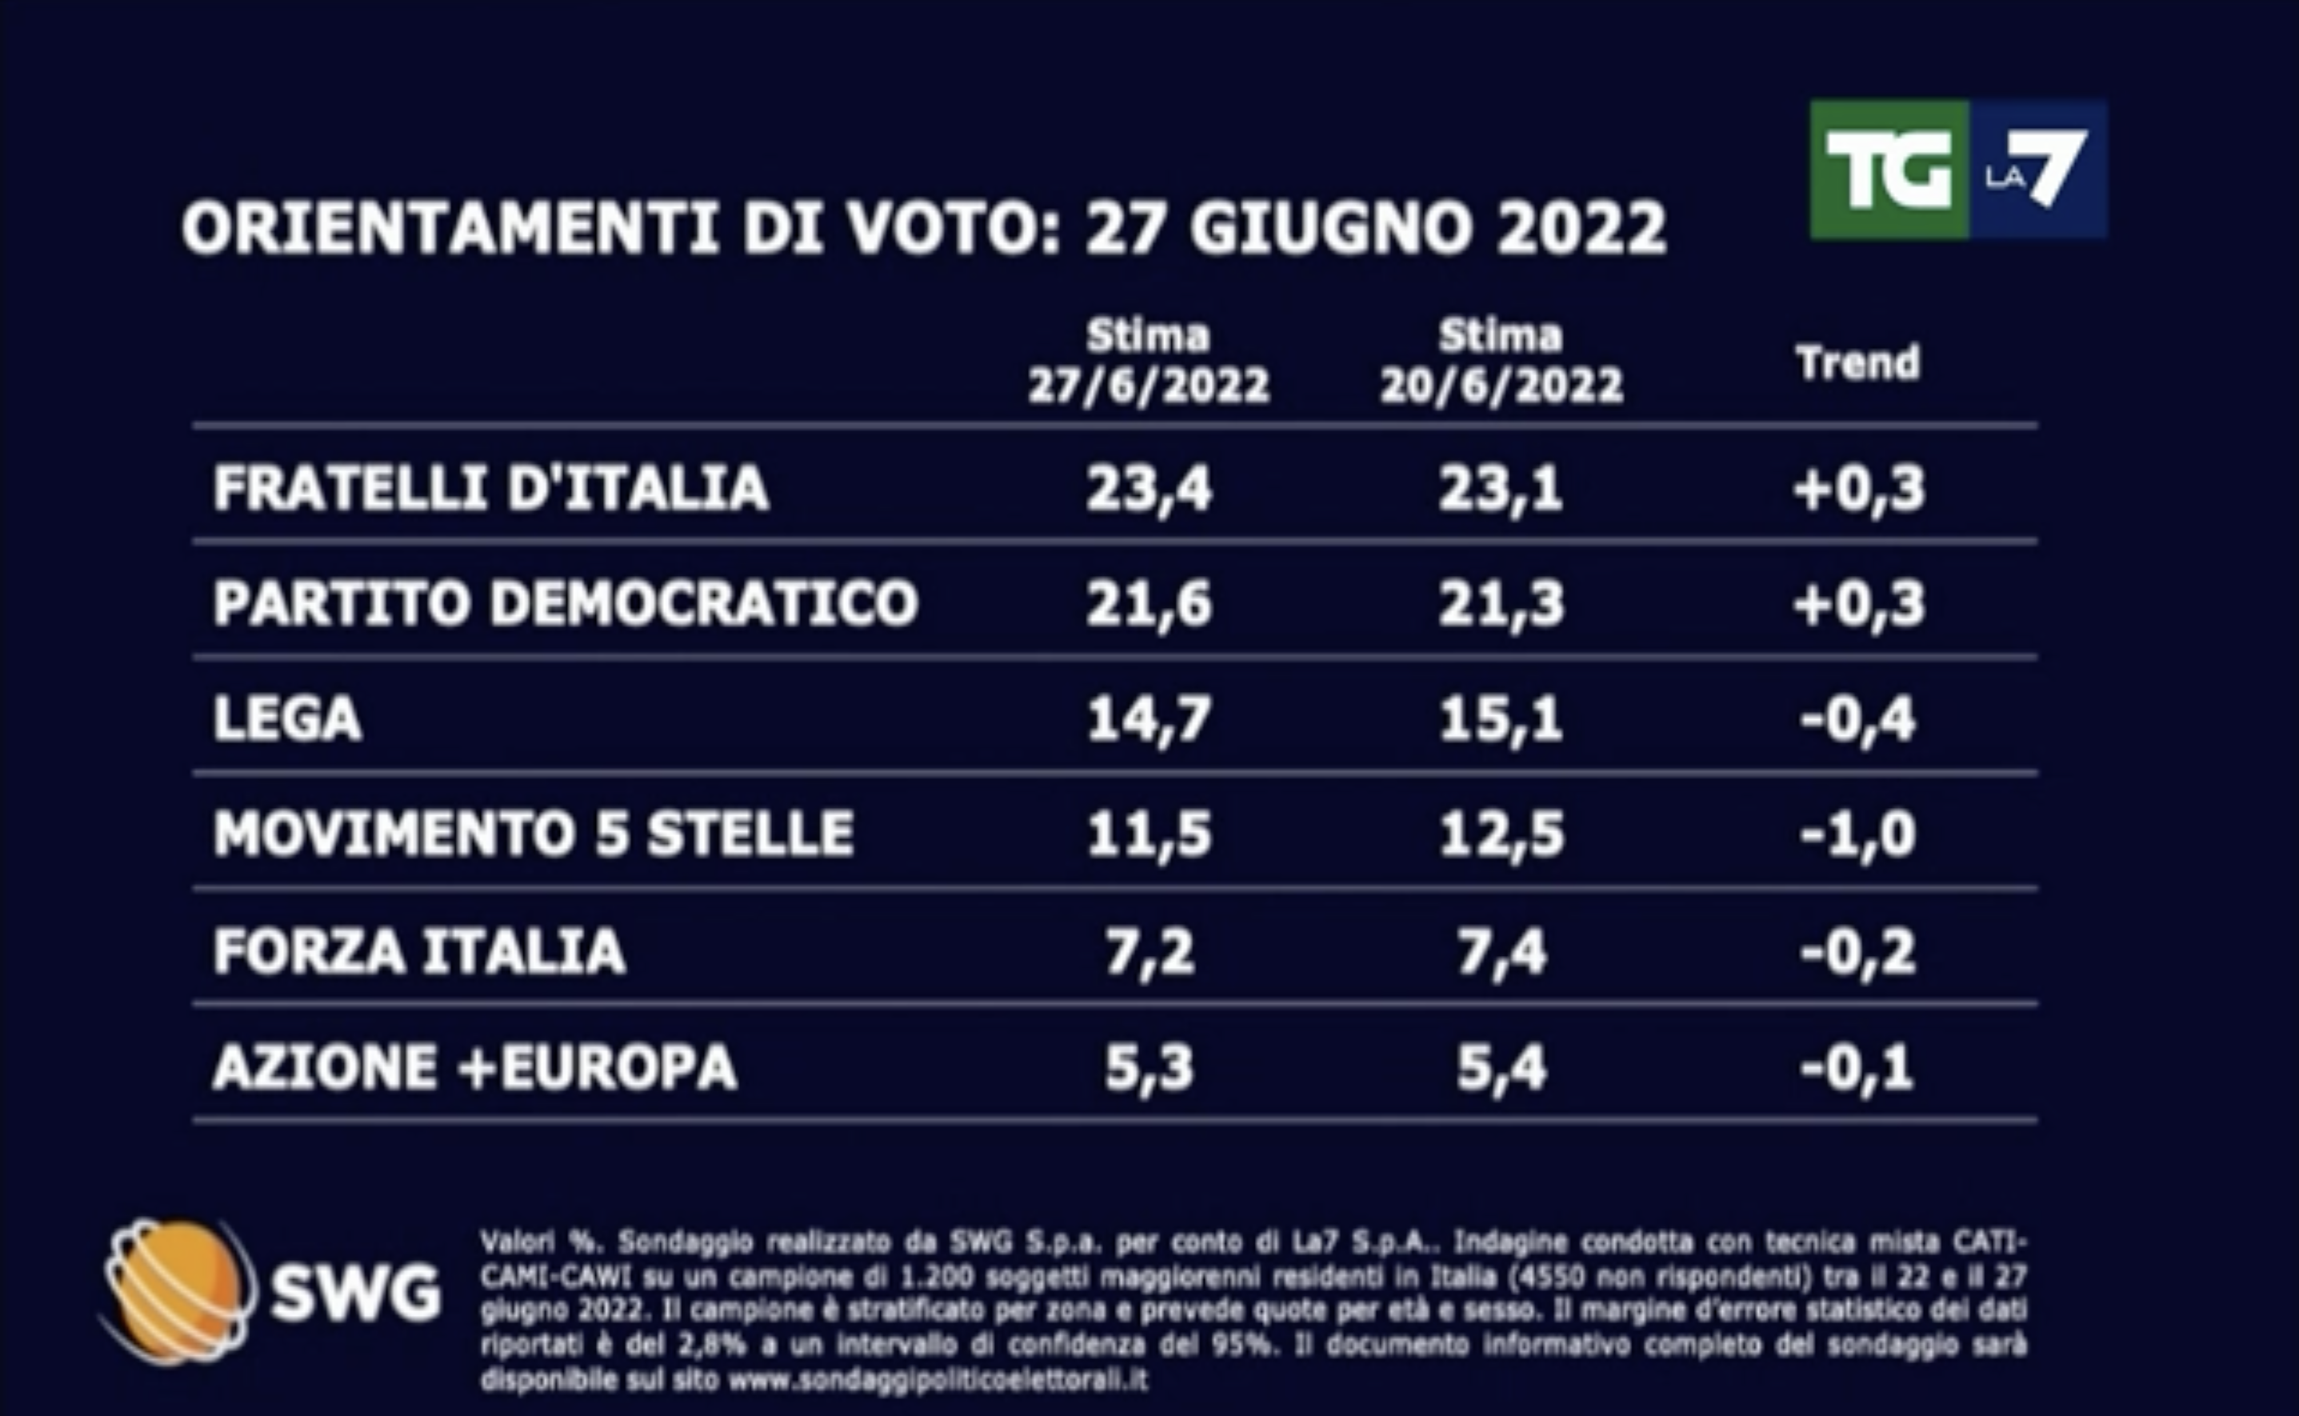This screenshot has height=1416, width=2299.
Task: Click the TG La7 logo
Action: [1958, 170]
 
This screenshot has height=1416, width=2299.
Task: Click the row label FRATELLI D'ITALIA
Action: [490, 488]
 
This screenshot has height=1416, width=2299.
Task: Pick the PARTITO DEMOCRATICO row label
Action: [566, 603]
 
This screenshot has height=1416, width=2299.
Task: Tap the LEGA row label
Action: [286, 719]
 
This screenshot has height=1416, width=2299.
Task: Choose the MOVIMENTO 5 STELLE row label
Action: [534, 834]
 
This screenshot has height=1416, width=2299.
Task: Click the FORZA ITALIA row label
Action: [418, 951]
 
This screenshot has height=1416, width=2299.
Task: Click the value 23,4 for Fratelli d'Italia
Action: [1149, 489]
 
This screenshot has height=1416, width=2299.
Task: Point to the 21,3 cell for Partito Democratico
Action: [1501, 603]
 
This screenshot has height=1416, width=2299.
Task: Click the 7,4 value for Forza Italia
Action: [1501, 951]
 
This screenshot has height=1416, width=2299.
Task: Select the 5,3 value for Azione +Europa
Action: [1149, 1068]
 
